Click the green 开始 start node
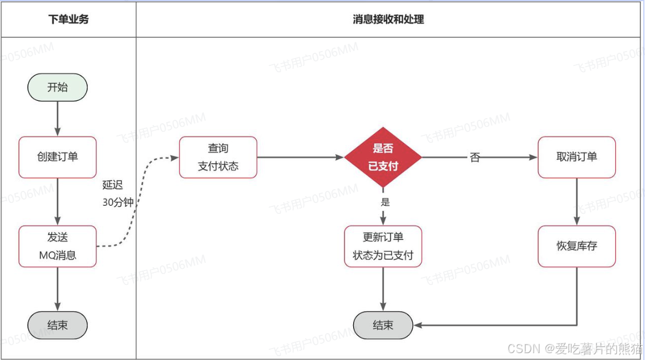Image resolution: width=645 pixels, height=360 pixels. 57,88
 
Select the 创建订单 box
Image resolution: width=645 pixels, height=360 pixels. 57,157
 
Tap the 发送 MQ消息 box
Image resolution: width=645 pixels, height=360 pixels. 57,246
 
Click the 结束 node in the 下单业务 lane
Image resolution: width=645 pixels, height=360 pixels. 57,325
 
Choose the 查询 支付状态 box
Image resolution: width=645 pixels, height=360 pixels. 218,157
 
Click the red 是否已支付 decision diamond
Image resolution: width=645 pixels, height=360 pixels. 383,157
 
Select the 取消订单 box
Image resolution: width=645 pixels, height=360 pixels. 577,157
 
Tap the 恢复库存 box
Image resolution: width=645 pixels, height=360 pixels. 577,246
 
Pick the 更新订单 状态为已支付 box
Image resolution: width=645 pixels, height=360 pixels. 383,246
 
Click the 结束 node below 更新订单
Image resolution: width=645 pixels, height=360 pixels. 383,325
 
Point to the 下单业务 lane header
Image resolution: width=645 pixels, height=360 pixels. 68,19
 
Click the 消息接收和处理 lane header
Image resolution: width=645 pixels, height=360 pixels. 388,19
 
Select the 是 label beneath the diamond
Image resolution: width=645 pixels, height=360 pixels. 385,202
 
